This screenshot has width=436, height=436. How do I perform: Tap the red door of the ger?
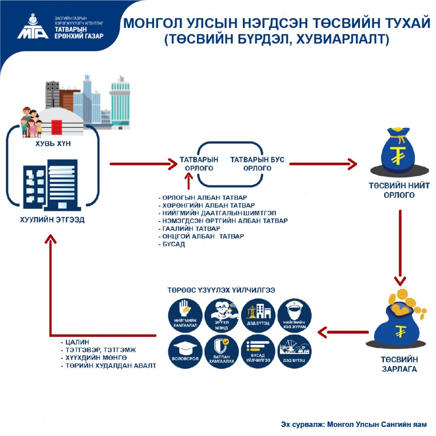[57, 127]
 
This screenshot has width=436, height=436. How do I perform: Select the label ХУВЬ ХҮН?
[52, 143]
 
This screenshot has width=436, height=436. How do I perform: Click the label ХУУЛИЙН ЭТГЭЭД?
[52, 220]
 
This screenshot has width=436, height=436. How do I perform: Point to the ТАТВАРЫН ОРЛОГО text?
[199, 164]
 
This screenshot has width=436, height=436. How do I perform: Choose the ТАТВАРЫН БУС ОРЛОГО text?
[257, 164]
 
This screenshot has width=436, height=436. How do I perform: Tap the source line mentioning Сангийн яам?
[354, 424]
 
